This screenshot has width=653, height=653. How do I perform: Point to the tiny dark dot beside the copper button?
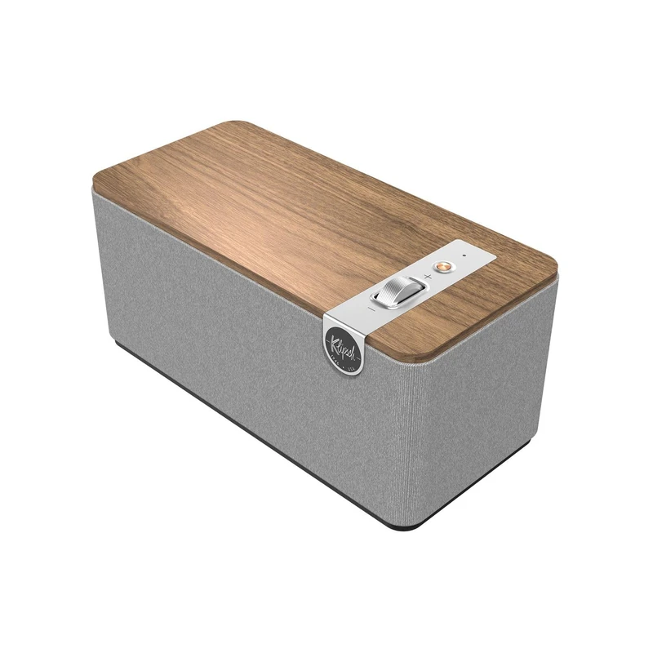coord(463,258)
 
